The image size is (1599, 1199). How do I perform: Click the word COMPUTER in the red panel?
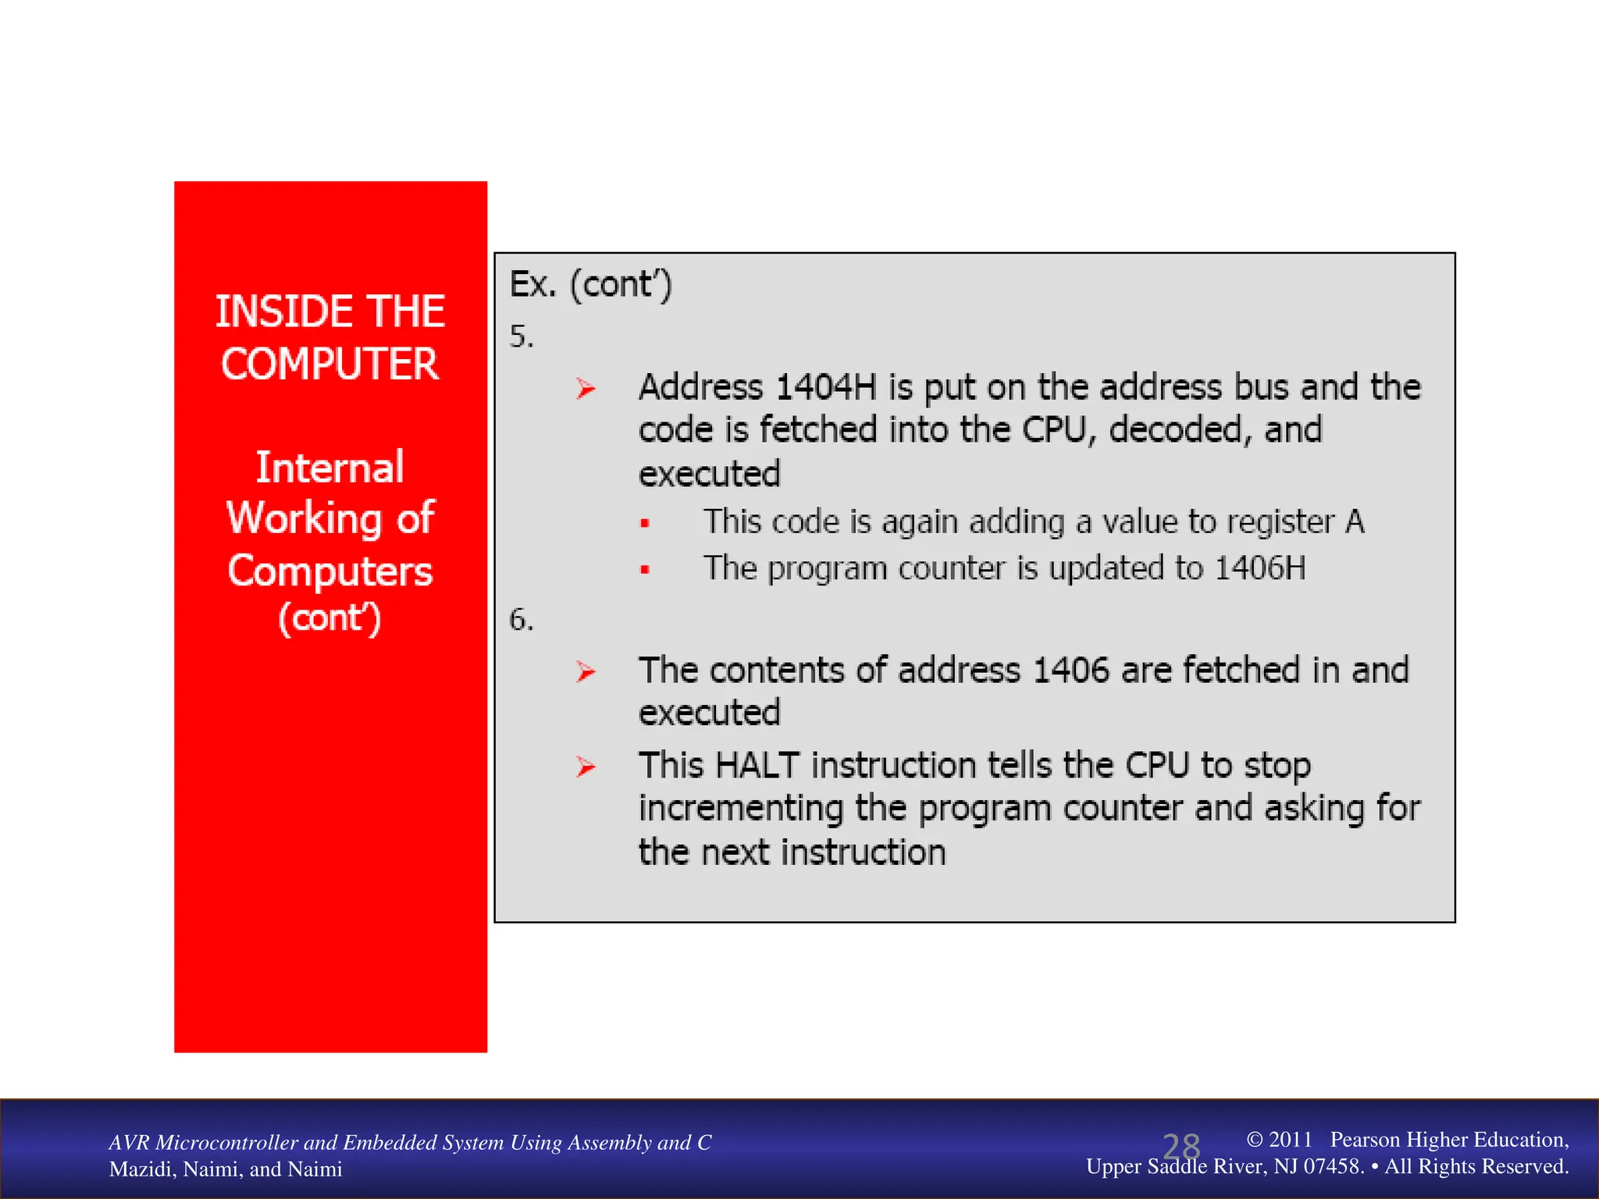[329, 365]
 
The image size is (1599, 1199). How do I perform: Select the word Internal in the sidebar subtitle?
[329, 468]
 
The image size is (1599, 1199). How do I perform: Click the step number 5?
[521, 337]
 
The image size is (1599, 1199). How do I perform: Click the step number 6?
[521, 621]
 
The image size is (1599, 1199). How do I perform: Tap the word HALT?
[757, 766]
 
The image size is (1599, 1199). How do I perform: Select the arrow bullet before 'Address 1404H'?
[586, 388]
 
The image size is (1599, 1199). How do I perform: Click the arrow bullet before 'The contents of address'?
[586, 671]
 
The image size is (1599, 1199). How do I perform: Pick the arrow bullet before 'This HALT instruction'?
[586, 767]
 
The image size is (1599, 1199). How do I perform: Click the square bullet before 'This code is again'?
[645, 524]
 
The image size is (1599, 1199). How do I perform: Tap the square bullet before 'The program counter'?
[645, 570]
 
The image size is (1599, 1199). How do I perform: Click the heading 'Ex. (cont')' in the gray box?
[590, 284]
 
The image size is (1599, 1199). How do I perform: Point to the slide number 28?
[1181, 1147]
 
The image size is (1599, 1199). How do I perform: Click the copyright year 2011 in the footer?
[1290, 1140]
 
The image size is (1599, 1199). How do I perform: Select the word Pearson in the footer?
[1367, 1140]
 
